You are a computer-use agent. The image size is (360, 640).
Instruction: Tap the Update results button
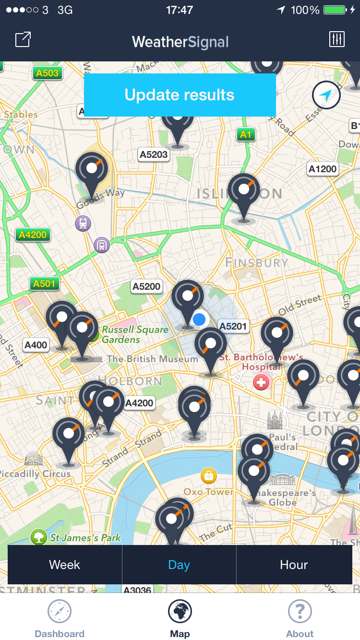(180, 95)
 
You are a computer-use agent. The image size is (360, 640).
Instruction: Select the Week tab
(64, 565)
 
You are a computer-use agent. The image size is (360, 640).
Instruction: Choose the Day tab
(179, 565)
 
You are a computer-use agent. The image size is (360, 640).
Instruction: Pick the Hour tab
(294, 565)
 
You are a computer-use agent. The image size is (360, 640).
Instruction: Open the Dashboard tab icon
(60, 612)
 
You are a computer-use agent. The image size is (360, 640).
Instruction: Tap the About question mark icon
(300, 612)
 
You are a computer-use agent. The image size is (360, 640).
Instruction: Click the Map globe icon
(180, 612)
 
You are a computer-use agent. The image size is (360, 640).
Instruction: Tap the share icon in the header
(23, 39)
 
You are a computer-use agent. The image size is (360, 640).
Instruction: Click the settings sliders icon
(337, 39)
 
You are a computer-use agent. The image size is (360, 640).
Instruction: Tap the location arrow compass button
(326, 96)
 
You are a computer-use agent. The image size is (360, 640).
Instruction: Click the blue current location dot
(199, 319)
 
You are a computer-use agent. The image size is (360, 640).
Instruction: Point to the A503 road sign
(47, 73)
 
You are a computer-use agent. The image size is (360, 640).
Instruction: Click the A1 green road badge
(246, 134)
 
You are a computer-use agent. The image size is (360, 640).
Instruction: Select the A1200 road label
(323, 169)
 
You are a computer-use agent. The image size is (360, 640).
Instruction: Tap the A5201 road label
(233, 326)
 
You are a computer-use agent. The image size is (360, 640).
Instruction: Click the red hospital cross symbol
(261, 382)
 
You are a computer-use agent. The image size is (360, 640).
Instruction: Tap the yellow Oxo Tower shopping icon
(209, 476)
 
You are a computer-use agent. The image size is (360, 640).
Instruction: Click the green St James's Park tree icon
(39, 537)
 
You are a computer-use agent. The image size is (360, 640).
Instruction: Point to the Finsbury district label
(257, 262)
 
